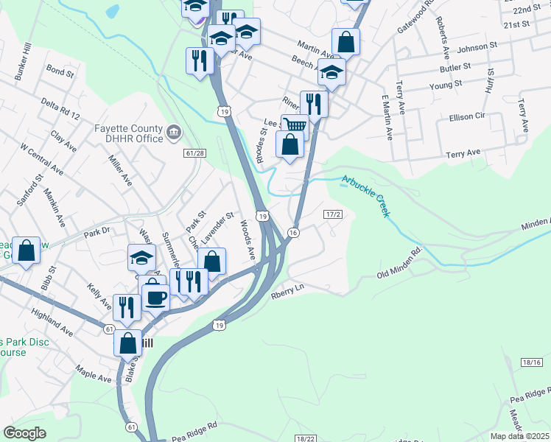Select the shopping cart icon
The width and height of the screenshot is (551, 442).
point(295,124)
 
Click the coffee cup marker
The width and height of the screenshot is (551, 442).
point(156,297)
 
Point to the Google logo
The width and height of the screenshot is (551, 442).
point(24,433)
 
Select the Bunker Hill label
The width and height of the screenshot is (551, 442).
point(18,58)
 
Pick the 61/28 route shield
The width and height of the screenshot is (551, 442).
point(194,152)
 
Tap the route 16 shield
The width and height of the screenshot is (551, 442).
point(293,233)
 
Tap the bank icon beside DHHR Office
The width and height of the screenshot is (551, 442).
point(174,133)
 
